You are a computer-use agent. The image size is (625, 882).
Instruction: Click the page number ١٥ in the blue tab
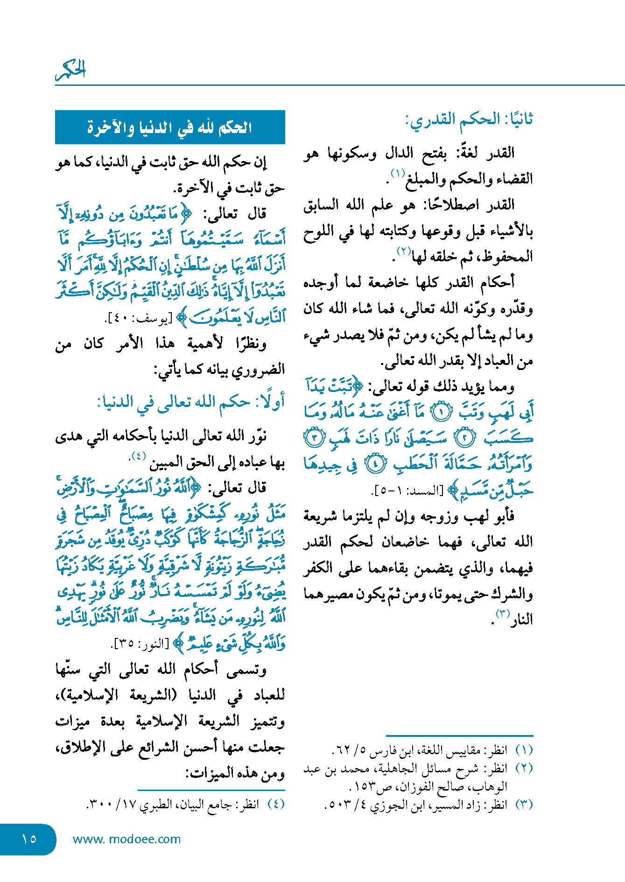point(29,839)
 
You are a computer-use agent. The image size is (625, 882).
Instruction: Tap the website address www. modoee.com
point(126,839)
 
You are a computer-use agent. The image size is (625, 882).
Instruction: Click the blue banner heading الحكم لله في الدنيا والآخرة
point(170,127)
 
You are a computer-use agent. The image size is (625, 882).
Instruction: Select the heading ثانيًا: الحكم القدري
point(469,119)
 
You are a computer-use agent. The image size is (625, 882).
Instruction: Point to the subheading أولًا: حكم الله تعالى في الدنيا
point(191,402)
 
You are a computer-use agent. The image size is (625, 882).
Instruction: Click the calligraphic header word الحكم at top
point(71,70)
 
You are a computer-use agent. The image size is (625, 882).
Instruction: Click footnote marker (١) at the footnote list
point(524,750)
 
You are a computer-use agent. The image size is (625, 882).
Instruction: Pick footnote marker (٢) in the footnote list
point(524,768)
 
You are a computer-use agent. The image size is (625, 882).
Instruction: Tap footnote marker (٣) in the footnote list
point(524,805)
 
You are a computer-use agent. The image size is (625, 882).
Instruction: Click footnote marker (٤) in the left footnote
point(275,805)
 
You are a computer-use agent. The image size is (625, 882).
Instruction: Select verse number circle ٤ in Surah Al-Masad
point(376,463)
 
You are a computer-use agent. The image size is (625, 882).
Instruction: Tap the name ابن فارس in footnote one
point(391,750)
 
